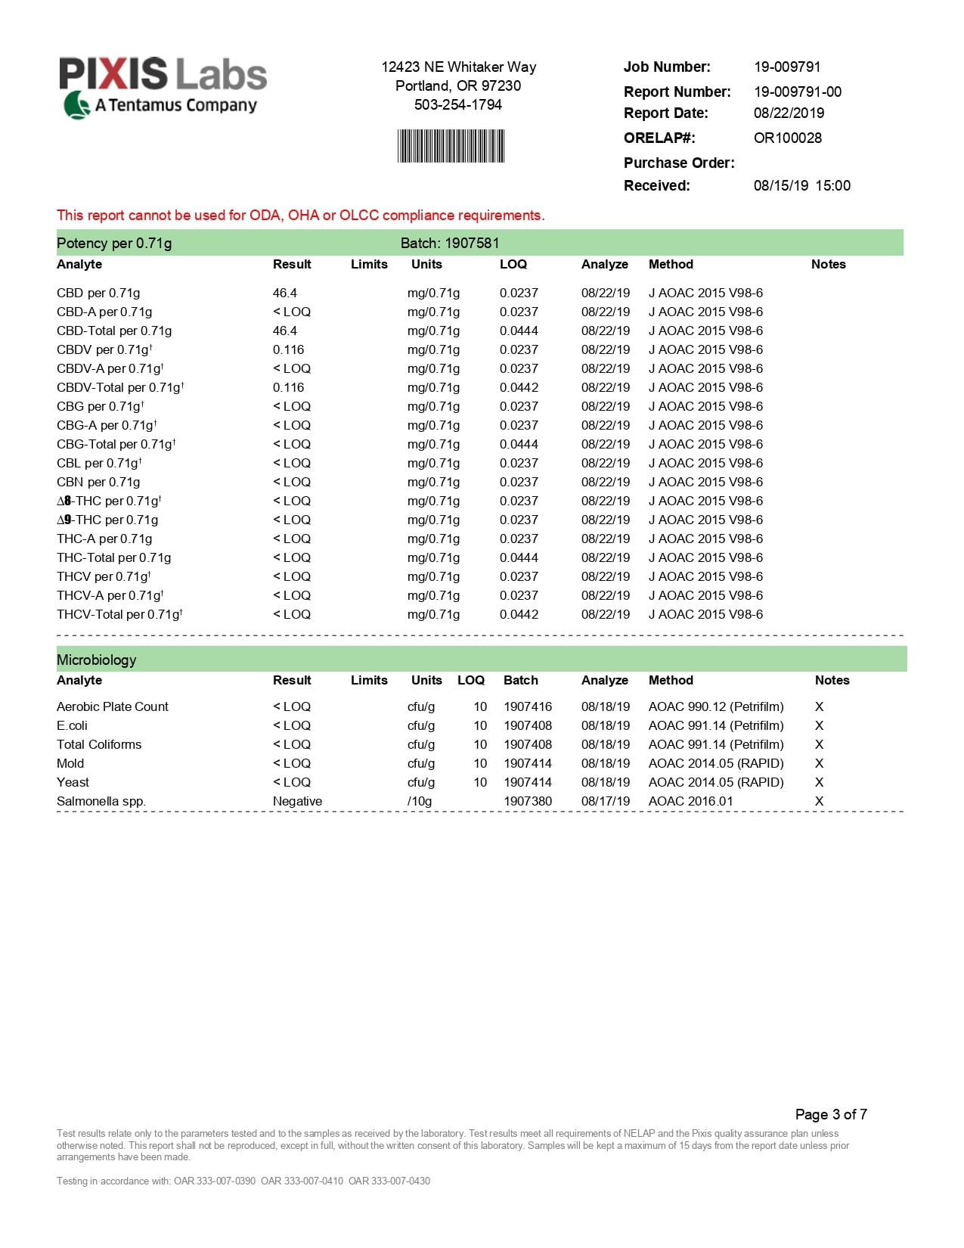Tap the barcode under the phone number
pos(451,146)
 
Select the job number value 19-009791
pos(787,67)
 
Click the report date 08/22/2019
pos(789,113)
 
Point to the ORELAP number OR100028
pos(787,138)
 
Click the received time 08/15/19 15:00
pos(801,185)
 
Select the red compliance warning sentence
pos(300,216)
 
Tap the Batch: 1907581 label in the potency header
pos(450,243)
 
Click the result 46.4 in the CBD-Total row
pos(285,331)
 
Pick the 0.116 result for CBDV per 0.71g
pos(288,349)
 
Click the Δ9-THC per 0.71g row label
pos(107,520)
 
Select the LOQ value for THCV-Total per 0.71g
pos(519,614)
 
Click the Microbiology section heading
pos(96,660)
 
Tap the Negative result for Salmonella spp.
pos(297,801)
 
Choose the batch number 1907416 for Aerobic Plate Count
pos(528,706)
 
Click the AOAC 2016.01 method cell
pos(690,801)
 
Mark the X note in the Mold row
pos(819,763)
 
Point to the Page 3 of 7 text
pos(831,1114)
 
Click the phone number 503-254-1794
pos(458,105)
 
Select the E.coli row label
pos(72,725)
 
